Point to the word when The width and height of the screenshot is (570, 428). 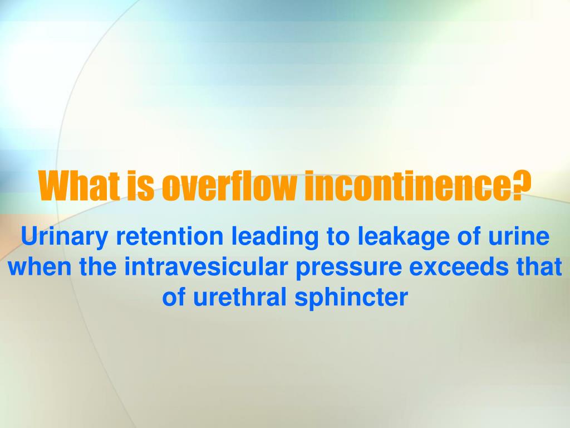pyautogui.click(x=38, y=267)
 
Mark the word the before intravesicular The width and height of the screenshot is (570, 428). pyautogui.click(x=99, y=267)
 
